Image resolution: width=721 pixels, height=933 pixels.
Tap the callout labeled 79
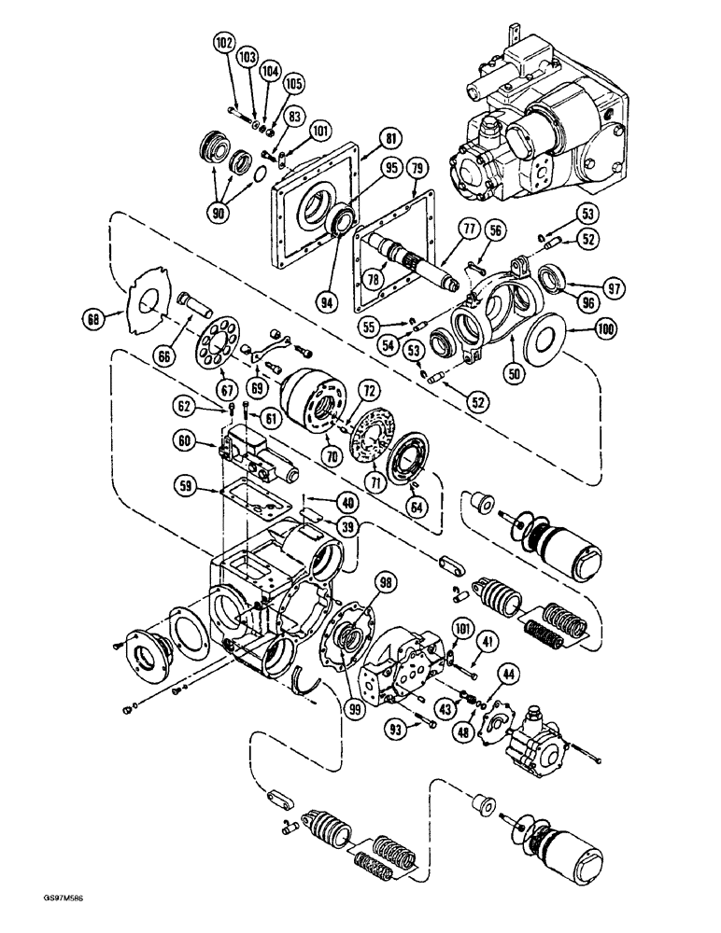pos(417,168)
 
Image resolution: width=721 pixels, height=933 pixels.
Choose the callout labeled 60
pos(185,441)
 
